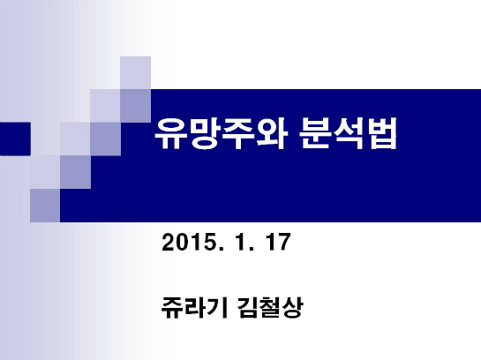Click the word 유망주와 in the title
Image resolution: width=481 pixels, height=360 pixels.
tap(222, 134)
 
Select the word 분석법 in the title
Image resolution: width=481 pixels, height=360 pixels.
tap(349, 133)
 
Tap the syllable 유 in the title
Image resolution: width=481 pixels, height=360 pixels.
tap(170, 134)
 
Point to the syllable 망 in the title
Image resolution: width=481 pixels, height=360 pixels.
tap(204, 134)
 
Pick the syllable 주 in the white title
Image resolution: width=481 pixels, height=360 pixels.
tap(237, 134)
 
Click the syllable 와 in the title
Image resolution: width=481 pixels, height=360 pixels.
tap(272, 134)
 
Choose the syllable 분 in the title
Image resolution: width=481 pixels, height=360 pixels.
tap(316, 133)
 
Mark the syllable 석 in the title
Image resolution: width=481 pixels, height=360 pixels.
tap(349, 133)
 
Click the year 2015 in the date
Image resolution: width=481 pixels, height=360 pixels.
tap(188, 242)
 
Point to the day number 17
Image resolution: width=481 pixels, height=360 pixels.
tap(278, 242)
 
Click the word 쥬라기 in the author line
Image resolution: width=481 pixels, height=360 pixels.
tap(194, 307)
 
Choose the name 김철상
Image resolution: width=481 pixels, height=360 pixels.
tap(270, 307)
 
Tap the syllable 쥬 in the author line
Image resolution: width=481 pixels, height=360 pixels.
tap(172, 307)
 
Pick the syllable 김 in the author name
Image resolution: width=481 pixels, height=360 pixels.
tap(247, 307)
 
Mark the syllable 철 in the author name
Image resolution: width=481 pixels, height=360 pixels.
tap(270, 307)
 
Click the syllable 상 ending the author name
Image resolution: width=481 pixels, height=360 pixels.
tap(292, 307)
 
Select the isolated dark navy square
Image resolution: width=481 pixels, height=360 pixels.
tap(15, 139)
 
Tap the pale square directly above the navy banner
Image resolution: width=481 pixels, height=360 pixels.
tap(135, 72)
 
